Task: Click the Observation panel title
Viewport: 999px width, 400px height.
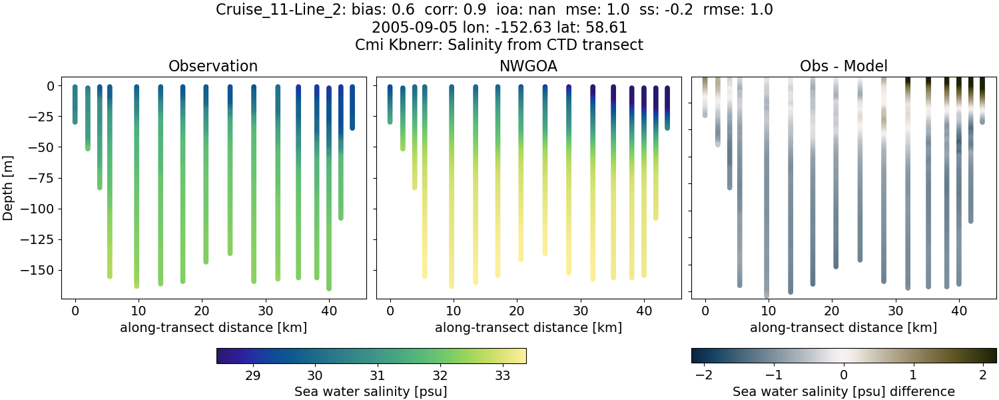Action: tap(213, 66)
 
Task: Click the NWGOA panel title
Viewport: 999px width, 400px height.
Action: tap(528, 66)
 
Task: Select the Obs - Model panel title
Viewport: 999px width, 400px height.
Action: tap(843, 66)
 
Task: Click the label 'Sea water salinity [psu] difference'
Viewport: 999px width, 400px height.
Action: tap(843, 391)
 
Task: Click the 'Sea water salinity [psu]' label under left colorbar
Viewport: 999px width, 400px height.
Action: tap(370, 391)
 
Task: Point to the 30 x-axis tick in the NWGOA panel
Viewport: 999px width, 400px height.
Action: tap(580, 311)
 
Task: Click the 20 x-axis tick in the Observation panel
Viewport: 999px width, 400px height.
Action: tap(202, 311)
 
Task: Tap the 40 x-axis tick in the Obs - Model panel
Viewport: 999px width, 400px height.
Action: tap(958, 311)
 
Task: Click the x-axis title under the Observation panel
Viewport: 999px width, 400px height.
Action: tap(213, 327)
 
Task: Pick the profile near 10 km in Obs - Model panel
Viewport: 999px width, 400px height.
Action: tap(767, 187)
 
